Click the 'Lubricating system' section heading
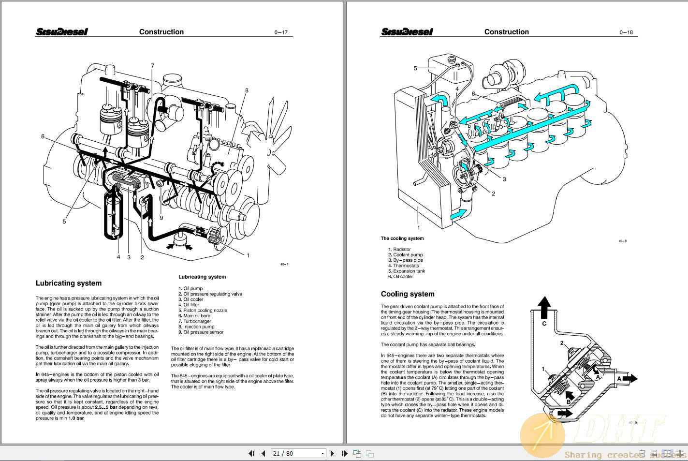tap(69, 283)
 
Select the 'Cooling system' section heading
tap(408, 294)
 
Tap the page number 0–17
tap(281, 32)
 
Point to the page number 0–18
tap(626, 32)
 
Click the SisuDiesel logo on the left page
tap(62, 32)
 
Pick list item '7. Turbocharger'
tap(195, 321)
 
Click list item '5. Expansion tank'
tap(407, 271)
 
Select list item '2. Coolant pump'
tap(406, 255)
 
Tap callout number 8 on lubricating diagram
tap(247, 90)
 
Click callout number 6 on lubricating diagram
tap(43, 136)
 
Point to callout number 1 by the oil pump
tap(248, 255)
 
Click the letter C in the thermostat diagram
tap(544, 324)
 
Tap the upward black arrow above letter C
tap(544, 307)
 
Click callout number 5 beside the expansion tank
tap(415, 68)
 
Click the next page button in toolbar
tap(332, 453)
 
